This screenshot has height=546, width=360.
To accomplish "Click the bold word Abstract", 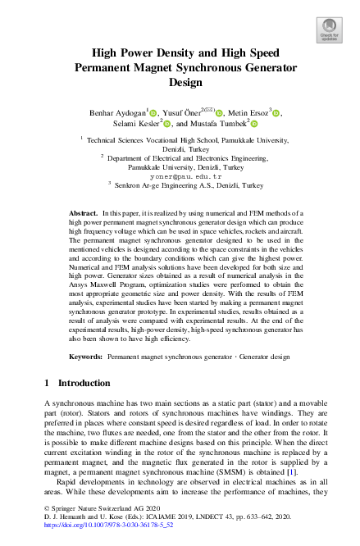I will coord(83,213).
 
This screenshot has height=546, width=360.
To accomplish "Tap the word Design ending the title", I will coord(180,83).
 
